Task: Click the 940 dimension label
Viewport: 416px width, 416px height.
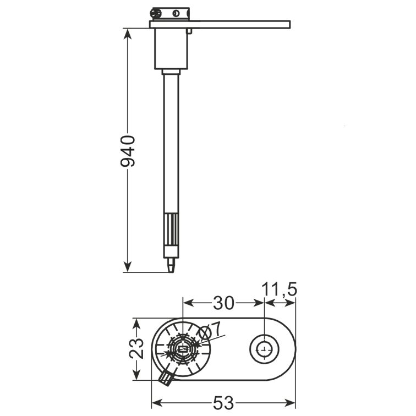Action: click(128, 151)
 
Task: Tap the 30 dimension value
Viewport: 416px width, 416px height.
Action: click(223, 303)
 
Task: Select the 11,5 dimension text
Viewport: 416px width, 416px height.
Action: click(280, 289)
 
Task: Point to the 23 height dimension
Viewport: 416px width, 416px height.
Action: click(136, 349)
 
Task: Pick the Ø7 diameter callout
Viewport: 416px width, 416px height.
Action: click(210, 331)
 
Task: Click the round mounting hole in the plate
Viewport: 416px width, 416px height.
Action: click(264, 349)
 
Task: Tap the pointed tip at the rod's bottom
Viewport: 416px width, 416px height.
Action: click(171, 272)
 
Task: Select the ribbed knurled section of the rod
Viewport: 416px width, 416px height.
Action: click(171, 230)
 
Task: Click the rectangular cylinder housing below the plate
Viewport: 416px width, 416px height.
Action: click(171, 49)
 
